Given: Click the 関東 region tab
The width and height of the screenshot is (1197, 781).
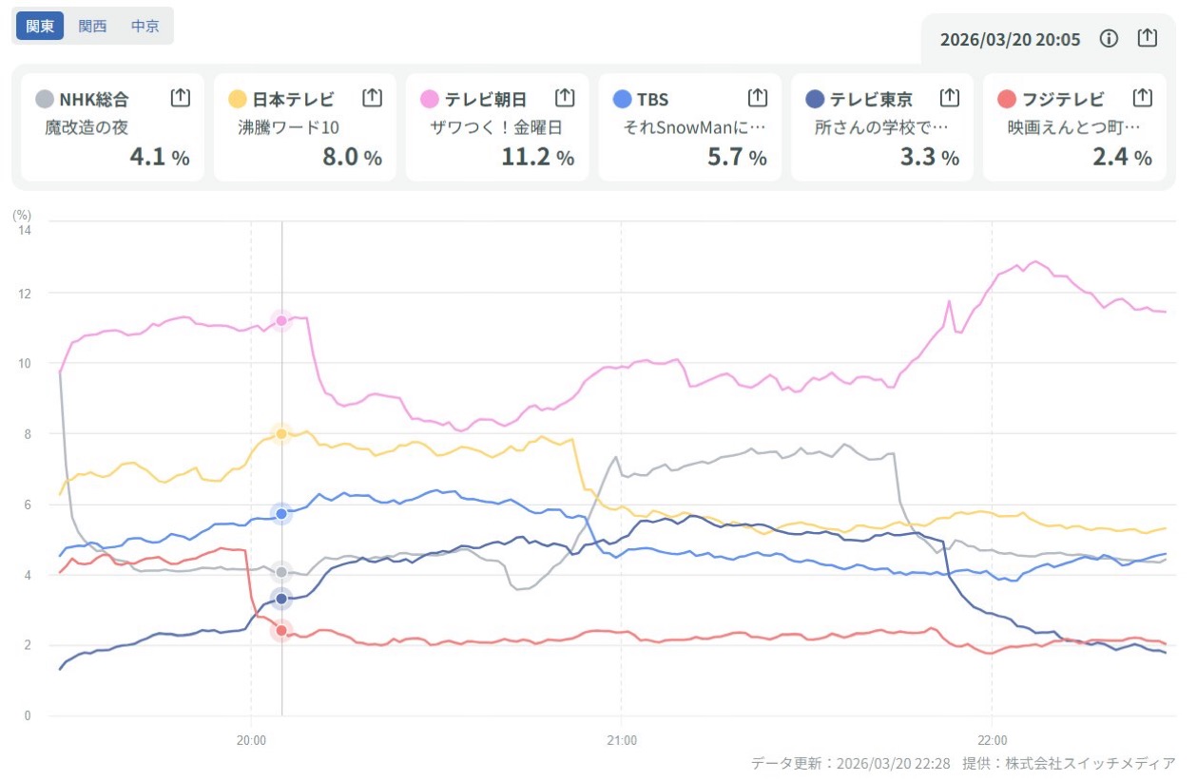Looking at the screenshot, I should coord(40,26).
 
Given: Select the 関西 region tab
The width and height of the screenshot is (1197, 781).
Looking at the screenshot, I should coord(92,26).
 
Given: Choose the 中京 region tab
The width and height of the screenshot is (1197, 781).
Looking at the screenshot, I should coord(145,26).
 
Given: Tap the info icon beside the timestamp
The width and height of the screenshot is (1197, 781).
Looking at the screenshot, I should coord(1109,38).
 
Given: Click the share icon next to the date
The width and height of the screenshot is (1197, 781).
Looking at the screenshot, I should coord(1148,38).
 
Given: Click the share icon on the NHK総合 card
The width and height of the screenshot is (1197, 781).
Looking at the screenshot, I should coord(181,97).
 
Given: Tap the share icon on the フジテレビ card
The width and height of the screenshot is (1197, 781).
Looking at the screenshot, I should coord(1143,97).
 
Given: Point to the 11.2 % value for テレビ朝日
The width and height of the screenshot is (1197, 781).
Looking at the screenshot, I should coord(537,157).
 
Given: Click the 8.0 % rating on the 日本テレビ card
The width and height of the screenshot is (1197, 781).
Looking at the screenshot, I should coord(352,157).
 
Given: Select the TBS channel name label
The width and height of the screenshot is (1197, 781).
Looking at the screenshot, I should coord(653,99).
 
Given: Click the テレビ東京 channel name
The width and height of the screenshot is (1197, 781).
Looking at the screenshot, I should coord(871,99).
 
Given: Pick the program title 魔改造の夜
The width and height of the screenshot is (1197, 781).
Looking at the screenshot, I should coord(87,127).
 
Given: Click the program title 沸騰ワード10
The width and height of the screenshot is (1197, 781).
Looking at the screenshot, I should coord(289,127).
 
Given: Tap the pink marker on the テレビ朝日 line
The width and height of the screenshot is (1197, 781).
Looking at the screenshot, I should coord(281,320).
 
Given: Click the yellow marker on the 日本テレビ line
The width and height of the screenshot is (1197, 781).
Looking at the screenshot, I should coord(281,433).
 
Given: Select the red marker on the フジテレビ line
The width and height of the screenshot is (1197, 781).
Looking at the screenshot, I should coord(281,630).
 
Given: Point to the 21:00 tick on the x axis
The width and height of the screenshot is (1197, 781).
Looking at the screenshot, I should coord(621,739).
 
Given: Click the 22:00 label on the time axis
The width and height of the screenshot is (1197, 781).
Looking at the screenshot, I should coord(992,739).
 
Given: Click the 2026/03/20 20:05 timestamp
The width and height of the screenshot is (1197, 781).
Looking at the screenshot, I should coord(1010,39).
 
